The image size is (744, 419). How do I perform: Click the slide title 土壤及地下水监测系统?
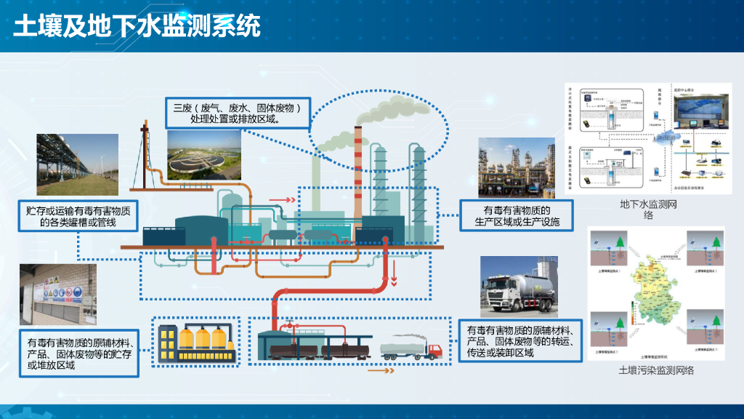click(x=137, y=26)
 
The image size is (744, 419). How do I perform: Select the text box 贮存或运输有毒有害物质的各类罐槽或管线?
click(x=78, y=217)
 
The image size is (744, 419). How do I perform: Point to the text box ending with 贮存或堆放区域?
click(x=78, y=353)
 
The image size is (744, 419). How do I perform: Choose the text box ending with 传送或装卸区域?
click(x=521, y=341)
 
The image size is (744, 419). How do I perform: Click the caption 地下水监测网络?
click(x=648, y=209)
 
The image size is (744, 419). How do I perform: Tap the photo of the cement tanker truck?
click(x=519, y=287)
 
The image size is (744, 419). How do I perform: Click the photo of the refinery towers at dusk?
click(x=517, y=168)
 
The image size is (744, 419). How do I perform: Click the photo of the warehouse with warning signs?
click(x=57, y=295)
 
